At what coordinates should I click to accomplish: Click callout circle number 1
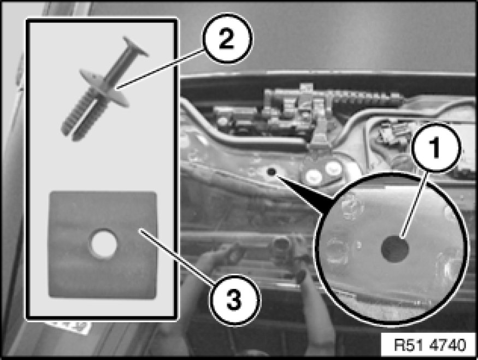[435, 148]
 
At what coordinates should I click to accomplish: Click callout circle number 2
[227, 38]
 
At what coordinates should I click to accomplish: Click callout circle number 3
[235, 300]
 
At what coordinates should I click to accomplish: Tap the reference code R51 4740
[430, 345]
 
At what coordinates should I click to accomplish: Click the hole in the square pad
[104, 244]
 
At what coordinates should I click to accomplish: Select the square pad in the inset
[103, 245]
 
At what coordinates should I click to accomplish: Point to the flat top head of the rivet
[135, 46]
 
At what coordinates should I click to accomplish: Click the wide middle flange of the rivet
[104, 88]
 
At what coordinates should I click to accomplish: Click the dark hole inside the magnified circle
[395, 249]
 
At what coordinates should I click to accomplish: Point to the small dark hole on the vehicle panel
[271, 172]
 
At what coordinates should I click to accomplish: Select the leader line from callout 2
[161, 69]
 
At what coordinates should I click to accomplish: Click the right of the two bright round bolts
[333, 168]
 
